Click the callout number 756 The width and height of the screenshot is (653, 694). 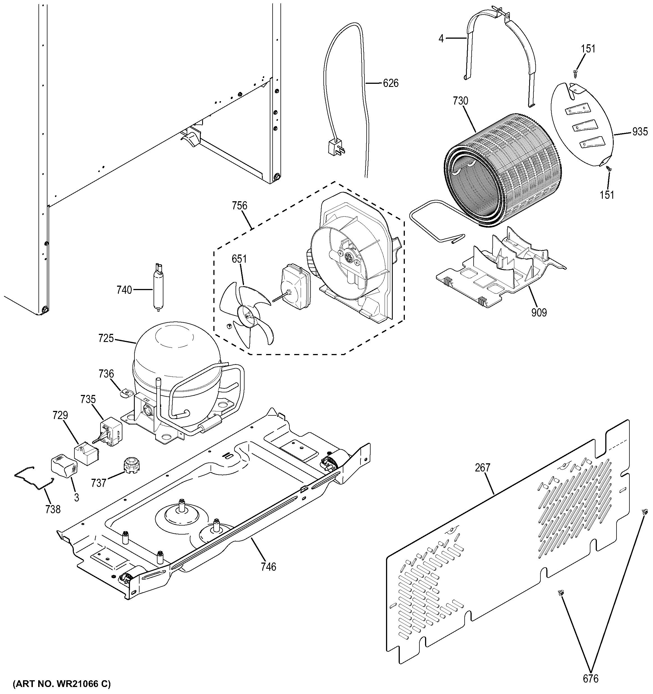click(239, 206)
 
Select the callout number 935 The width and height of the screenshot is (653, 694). click(640, 132)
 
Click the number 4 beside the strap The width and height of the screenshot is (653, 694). click(441, 38)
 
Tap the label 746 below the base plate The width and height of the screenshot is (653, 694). click(268, 566)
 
